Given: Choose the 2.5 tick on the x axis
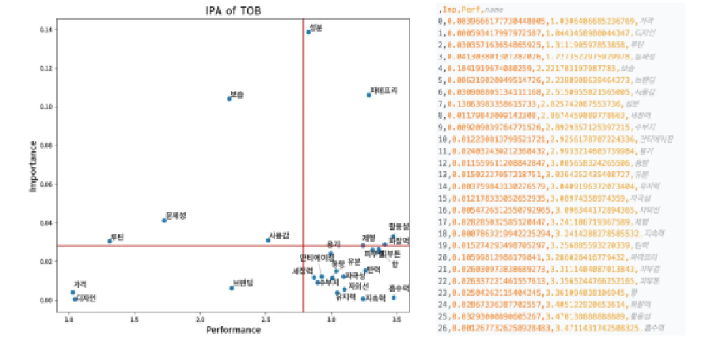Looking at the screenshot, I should (267, 320).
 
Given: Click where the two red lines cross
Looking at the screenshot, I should (304, 245).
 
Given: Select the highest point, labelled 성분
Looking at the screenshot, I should (309, 32).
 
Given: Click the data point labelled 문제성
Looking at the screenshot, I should (164, 219).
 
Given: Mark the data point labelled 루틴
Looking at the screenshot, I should (110, 241).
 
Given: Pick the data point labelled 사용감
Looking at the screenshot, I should (268, 240).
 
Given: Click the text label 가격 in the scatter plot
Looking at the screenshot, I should (80, 284).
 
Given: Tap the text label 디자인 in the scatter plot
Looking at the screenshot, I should (85, 298).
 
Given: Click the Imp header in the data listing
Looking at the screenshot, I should (450, 9).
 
